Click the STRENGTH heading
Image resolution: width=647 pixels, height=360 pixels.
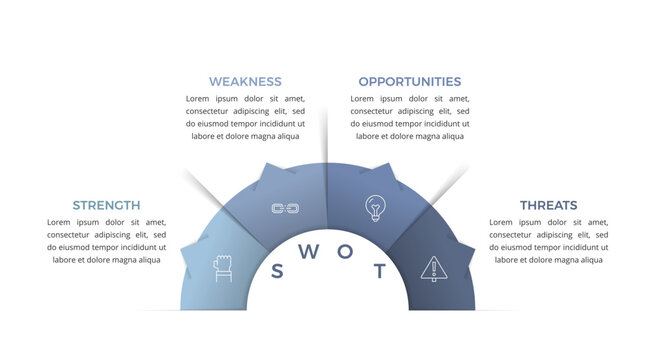pyautogui.click(x=106, y=205)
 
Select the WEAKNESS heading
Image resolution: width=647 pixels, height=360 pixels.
pyautogui.click(x=245, y=81)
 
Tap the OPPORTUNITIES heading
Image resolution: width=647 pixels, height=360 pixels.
pyautogui.click(x=410, y=81)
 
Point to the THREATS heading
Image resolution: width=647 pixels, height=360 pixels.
pyautogui.click(x=548, y=205)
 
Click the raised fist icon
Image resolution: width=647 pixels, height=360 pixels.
pyautogui.click(x=223, y=267)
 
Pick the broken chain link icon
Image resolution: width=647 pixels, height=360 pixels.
pyautogui.click(x=286, y=208)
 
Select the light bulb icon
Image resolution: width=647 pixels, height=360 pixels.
pyautogui.click(x=375, y=208)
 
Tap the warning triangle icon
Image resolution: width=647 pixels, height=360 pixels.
pyautogui.click(x=433, y=268)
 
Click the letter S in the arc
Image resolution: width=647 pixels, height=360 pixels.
pyautogui.click(x=278, y=271)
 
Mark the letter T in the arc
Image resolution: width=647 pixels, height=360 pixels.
pyautogui.click(x=378, y=271)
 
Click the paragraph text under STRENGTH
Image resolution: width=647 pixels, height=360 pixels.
pyautogui.click(x=106, y=240)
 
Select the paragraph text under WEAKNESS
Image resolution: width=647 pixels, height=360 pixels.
pyautogui.click(x=245, y=117)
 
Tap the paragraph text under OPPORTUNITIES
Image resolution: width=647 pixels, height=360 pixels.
pyautogui.click(x=410, y=117)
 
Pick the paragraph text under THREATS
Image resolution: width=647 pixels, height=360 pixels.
pyautogui.click(x=548, y=240)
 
